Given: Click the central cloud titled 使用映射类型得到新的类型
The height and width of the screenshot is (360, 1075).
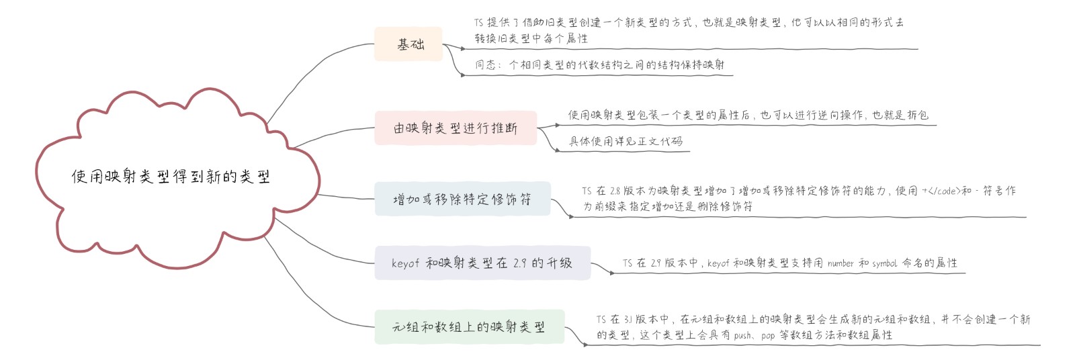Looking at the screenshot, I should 171,177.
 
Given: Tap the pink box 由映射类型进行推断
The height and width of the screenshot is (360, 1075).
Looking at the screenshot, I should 456,128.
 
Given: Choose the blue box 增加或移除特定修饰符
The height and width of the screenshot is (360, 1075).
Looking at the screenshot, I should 462,199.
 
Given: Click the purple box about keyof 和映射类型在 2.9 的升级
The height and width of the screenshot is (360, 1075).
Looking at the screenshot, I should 482,263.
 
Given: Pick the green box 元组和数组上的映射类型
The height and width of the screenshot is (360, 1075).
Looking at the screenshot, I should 469,327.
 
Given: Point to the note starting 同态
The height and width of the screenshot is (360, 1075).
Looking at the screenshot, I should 599,64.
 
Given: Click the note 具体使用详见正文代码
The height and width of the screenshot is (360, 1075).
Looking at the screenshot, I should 626,141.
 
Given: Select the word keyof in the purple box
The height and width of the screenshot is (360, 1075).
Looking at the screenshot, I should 405,263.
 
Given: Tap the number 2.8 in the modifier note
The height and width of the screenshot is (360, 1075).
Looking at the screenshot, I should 615,191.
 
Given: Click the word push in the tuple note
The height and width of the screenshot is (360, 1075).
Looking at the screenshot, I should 742,335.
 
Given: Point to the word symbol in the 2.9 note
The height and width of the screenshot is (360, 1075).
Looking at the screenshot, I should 884,263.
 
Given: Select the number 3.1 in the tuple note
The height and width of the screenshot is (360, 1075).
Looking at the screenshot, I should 628,320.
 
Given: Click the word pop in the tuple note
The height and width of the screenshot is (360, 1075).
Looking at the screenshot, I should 768,335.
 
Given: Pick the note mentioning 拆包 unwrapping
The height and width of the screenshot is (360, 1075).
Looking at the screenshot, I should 748,115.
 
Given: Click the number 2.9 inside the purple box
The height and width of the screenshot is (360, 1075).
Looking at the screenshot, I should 520,263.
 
